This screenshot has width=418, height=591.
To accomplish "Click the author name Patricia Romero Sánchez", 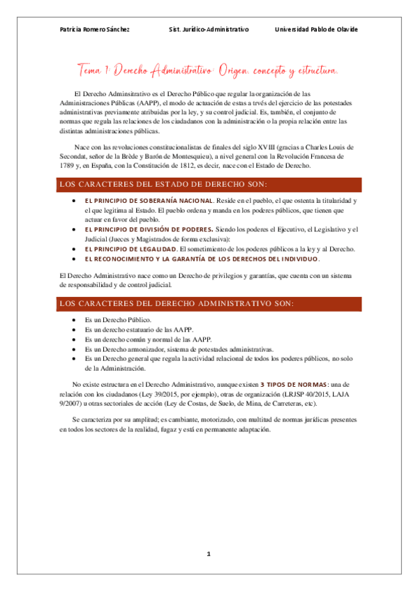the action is coord(95,29).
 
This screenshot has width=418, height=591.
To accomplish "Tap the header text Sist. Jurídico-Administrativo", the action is coord(209,29).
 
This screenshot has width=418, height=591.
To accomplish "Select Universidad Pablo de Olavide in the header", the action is coord(316,29).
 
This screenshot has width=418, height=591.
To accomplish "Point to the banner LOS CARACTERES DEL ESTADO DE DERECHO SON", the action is coord(164,185).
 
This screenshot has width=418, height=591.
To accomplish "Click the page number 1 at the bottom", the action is coord(208,554).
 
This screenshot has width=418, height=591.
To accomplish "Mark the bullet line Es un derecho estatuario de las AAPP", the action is coord(139,329).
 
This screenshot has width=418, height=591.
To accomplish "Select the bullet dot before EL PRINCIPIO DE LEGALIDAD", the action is coord(75,249).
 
